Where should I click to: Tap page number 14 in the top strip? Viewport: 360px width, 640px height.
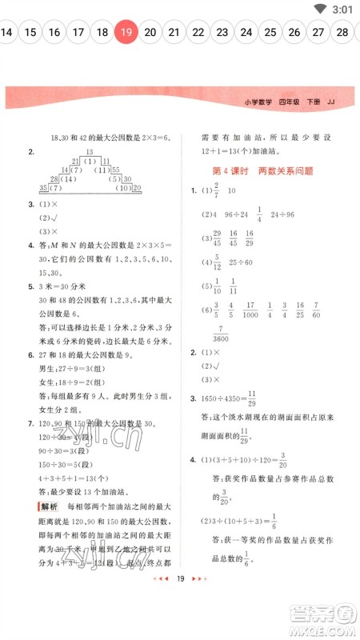6,32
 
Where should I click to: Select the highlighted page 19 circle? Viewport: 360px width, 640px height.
126,32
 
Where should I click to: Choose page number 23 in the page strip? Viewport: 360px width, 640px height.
222,32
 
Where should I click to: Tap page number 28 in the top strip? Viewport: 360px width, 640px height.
342,32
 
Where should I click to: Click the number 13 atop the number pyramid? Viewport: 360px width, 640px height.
90,152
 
